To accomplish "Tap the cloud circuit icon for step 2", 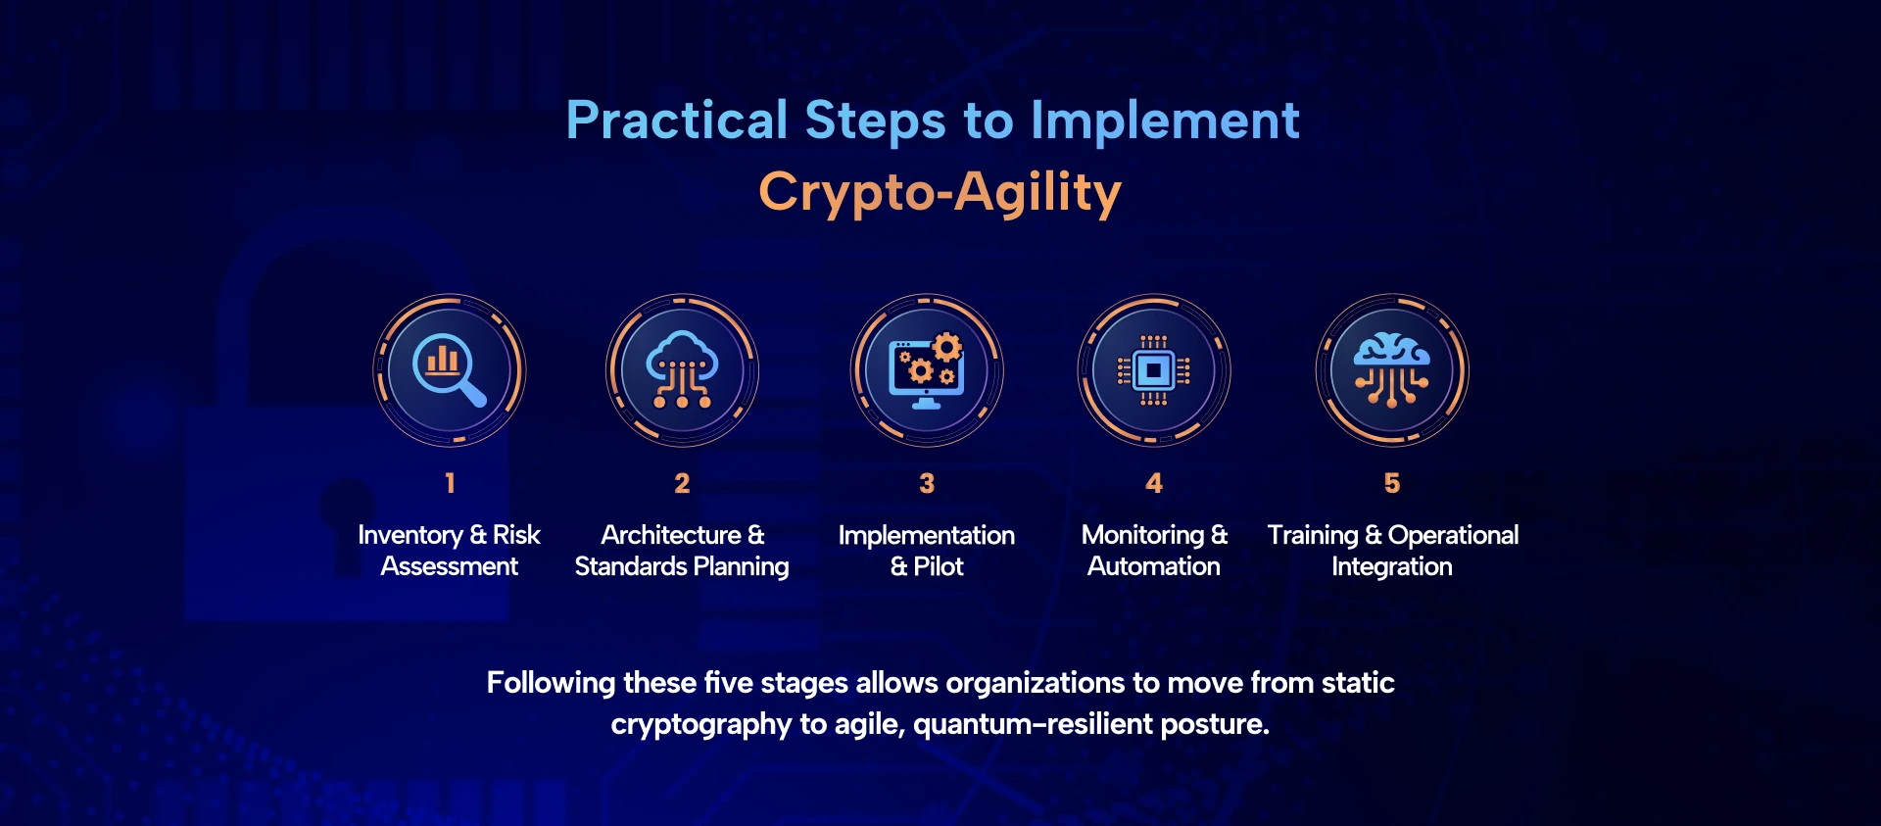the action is (x=682, y=369).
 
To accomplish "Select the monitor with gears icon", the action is (x=927, y=370).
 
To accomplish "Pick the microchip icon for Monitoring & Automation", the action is (x=1154, y=370).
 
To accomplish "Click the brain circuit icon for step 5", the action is (x=1391, y=369).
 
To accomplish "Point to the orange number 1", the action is (x=450, y=483).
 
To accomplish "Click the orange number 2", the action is (x=682, y=483).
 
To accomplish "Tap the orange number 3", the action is (x=927, y=483).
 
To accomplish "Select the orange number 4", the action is (x=1154, y=483).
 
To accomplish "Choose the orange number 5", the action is (x=1392, y=483).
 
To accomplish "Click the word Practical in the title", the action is (x=677, y=121).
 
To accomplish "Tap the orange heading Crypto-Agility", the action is (x=940, y=192).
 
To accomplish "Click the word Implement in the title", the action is (x=1165, y=122).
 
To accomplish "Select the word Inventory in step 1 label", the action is (x=410, y=535).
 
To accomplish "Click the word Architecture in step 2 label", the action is (x=671, y=535).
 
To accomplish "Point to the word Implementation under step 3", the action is (x=927, y=535).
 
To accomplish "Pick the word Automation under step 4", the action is (x=1154, y=566).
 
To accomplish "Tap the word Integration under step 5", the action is (x=1392, y=567).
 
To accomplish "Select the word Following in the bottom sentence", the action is (x=552, y=683).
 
